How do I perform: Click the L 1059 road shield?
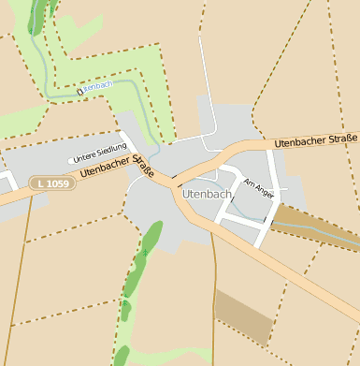[51, 183]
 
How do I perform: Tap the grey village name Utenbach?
[208, 194]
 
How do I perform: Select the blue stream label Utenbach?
[98, 86]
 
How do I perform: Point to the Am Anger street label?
[258, 188]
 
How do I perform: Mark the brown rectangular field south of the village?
[243, 317]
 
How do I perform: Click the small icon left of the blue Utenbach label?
[80, 91]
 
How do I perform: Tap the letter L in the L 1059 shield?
[39, 183]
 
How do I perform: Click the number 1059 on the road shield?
[57, 183]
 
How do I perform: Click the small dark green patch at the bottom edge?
[121, 357]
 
